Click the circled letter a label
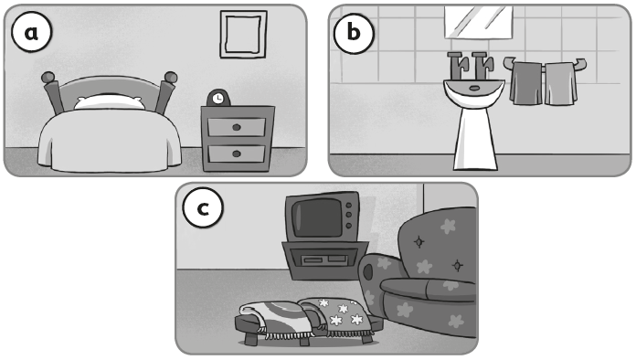[32, 32]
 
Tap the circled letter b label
[354, 32]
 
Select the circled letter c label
[203, 207]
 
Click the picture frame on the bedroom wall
[243, 35]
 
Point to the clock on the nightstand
[218, 98]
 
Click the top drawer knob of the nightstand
[237, 127]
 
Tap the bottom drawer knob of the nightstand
[237, 154]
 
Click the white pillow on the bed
[109, 102]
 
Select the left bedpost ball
[48, 77]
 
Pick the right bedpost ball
[170, 77]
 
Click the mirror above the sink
[479, 22]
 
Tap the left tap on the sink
[458, 66]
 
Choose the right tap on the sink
[482, 66]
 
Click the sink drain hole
[473, 88]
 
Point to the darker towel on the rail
[526, 83]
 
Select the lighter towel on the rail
[560, 84]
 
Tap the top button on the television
[348, 206]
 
